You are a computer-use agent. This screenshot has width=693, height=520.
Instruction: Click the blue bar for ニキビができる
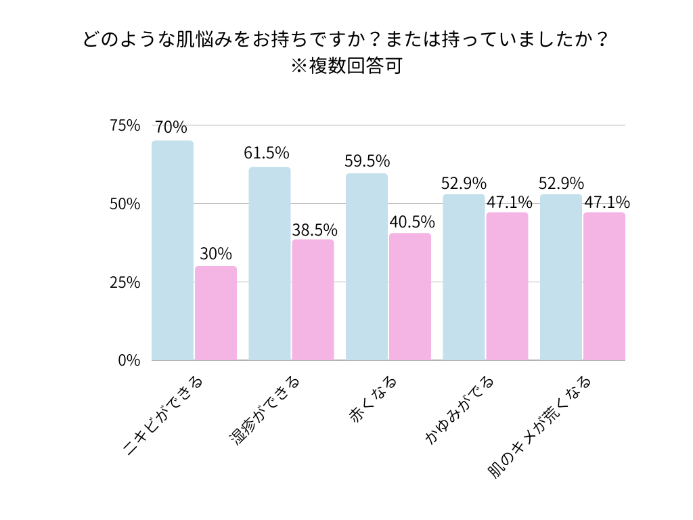pos(173,250)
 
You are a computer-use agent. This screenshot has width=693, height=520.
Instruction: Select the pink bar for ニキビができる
pos(216,313)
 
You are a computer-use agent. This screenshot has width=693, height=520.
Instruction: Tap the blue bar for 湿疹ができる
pos(269,263)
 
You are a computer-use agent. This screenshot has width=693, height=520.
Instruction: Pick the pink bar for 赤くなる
pos(410,297)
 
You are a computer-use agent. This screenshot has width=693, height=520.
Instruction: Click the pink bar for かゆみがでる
pos(507,286)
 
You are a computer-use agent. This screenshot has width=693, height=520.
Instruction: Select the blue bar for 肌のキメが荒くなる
pos(561,277)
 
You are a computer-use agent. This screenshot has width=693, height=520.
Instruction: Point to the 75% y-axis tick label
pos(125,126)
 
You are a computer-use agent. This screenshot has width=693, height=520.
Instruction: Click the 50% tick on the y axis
pos(125,204)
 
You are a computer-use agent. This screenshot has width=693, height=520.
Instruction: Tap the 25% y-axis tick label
pos(125,282)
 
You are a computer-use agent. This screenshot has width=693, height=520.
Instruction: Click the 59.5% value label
pos(366,161)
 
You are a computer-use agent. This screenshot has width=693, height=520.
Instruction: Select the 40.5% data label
pos(411,222)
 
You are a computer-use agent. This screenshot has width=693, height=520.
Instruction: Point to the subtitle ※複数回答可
pos(346,67)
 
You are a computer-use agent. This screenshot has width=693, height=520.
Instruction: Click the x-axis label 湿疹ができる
pos(264,412)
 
